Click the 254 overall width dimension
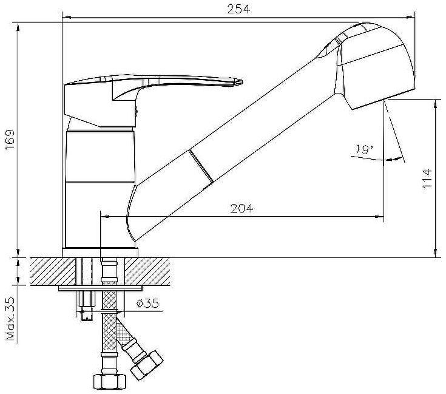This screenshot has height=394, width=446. pos(238,8)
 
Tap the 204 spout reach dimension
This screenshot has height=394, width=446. pos(242,208)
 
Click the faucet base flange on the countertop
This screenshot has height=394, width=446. pos(100,253)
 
